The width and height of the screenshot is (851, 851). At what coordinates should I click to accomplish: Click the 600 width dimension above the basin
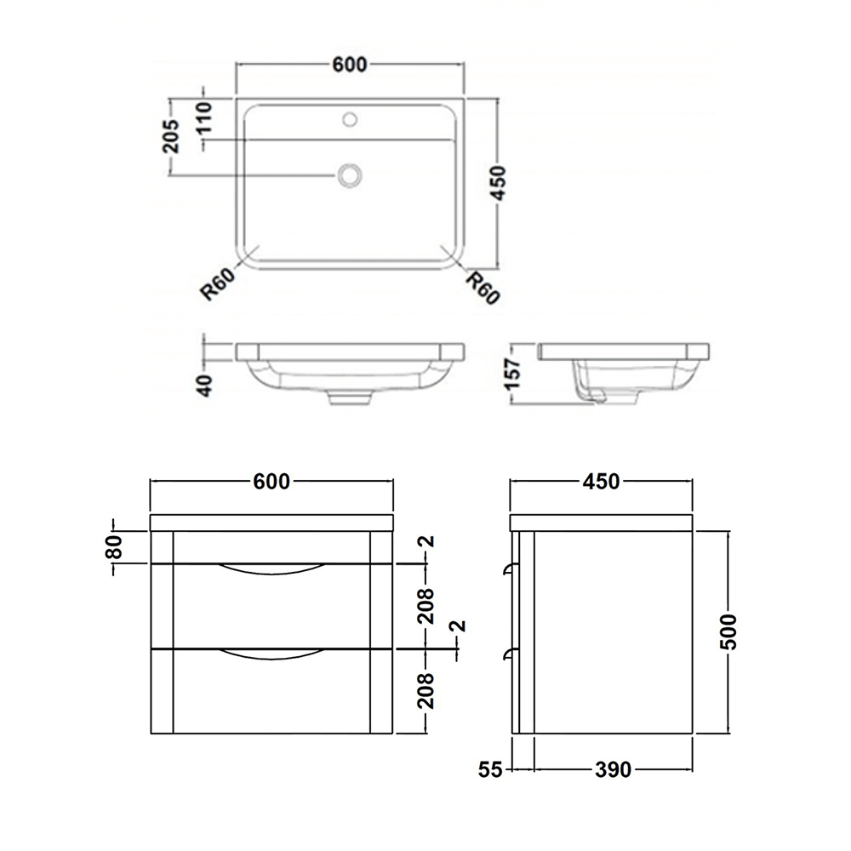pyautogui.click(x=349, y=65)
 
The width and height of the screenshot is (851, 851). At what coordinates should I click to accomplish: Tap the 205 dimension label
pyautogui.click(x=171, y=136)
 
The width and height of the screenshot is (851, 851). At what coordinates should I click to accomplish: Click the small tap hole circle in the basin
pyautogui.click(x=350, y=119)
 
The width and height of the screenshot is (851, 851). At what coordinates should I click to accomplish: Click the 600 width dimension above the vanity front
pyautogui.click(x=271, y=482)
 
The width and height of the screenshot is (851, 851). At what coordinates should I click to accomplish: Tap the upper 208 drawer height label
pyautogui.click(x=427, y=606)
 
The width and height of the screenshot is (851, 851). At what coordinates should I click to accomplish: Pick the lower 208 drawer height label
pyautogui.click(x=427, y=690)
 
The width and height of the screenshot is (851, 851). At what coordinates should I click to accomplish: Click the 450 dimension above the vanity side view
pyautogui.click(x=601, y=482)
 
